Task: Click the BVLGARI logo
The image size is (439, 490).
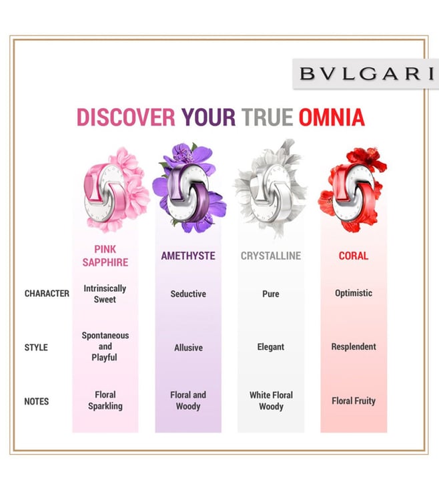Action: pyautogui.click(x=366, y=73)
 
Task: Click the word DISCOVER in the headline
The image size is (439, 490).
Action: pyautogui.click(x=126, y=117)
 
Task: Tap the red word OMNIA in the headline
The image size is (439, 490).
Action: pyautogui.click(x=332, y=117)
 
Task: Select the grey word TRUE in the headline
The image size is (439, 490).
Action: pyautogui.click(x=267, y=117)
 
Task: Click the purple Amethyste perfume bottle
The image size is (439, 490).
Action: pyautogui.click(x=188, y=193)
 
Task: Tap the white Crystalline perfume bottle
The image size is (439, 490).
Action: pyautogui.click(x=271, y=193)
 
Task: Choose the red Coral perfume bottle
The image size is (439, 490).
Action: pyautogui.click(x=354, y=192)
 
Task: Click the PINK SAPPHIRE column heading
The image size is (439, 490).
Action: pyautogui.click(x=105, y=256)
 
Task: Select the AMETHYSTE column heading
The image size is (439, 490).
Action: pyautogui.click(x=188, y=256)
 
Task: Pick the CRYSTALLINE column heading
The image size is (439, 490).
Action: pyautogui.click(x=271, y=256)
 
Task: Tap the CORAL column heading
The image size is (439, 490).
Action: pyautogui.click(x=354, y=256)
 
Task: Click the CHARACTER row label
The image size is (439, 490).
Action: pyautogui.click(x=47, y=294)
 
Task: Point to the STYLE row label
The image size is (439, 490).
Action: pyautogui.click(x=36, y=347)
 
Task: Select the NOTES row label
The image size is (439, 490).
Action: pyautogui.click(x=37, y=401)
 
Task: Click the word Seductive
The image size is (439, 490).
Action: pyautogui.click(x=188, y=294)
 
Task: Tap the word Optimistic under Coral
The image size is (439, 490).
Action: pyautogui.click(x=354, y=293)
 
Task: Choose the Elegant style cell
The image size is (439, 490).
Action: pyautogui.click(x=271, y=347)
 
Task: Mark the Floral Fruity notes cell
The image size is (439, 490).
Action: pyautogui.click(x=354, y=401)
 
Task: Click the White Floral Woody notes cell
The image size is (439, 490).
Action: pyautogui.click(x=271, y=401)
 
